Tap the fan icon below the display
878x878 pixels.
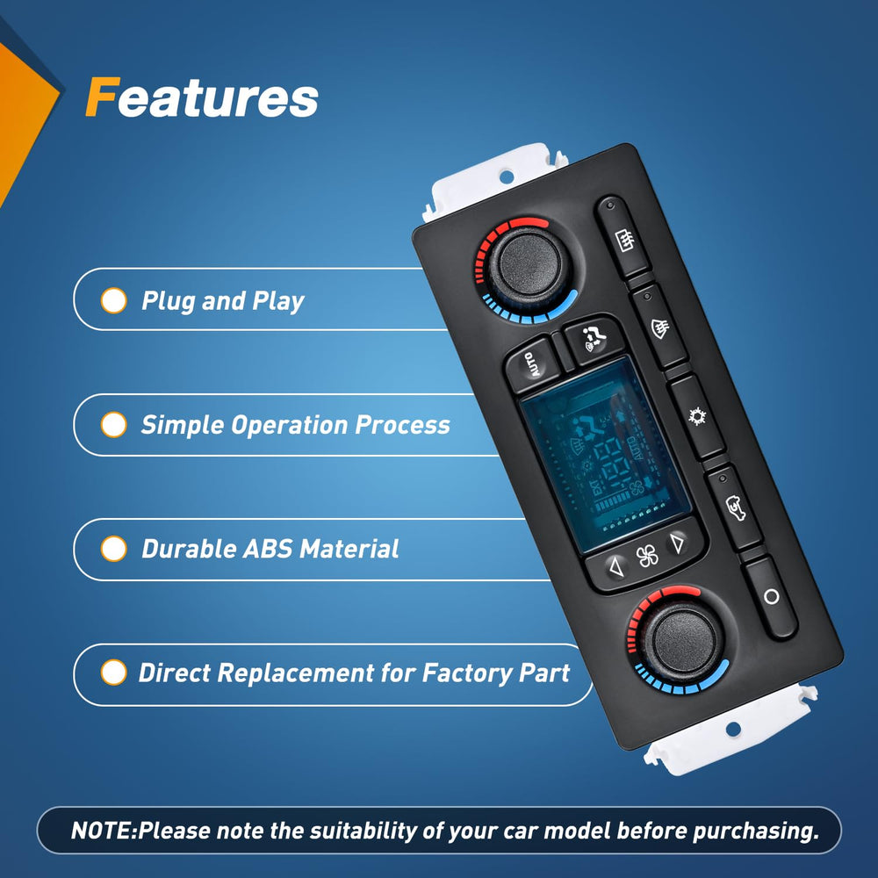click(647, 557)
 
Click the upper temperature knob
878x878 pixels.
click(529, 264)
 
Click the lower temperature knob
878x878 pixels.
click(682, 639)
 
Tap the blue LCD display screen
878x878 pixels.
click(605, 454)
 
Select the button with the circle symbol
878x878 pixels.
click(770, 597)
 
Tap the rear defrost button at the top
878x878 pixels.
click(623, 239)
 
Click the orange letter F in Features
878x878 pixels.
click(103, 97)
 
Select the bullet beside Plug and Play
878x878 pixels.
click(113, 300)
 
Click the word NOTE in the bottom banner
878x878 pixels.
click(101, 831)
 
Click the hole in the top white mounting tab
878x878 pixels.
click(507, 177)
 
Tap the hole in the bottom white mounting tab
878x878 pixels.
click(733, 729)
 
